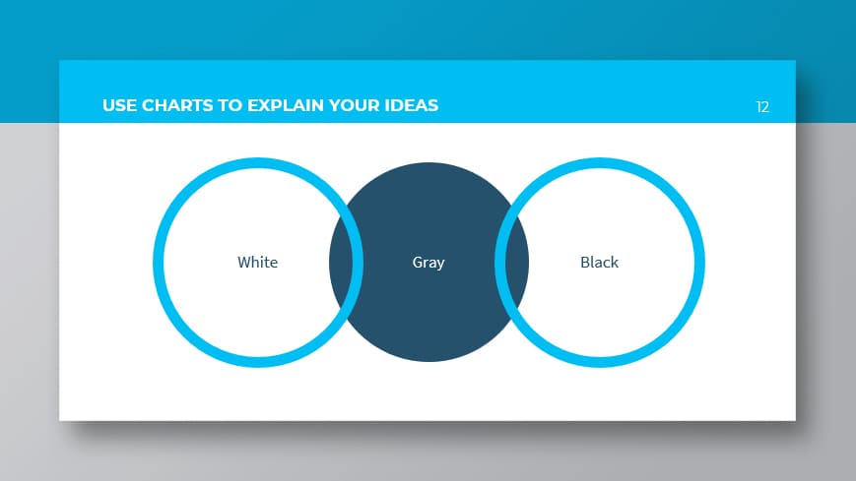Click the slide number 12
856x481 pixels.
762,107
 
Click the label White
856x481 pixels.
258,263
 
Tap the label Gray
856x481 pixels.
428,263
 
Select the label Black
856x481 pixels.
600,263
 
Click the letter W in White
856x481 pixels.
244,263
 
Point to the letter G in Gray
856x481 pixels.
418,263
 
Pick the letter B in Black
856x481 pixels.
585,263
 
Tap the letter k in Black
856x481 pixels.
615,263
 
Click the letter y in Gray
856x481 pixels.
440,266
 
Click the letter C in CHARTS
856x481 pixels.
148,105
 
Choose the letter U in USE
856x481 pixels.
108,105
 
